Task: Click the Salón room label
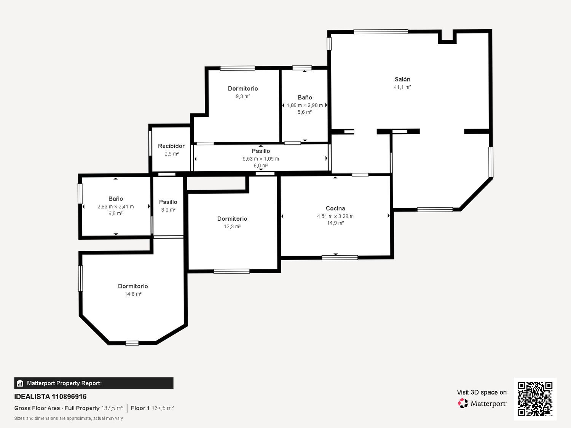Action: pos(402,79)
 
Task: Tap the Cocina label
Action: pos(335,208)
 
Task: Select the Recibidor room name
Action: pos(171,146)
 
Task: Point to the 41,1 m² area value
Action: pos(402,87)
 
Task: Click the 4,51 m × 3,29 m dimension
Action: pos(335,216)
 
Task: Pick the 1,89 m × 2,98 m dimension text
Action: pos(305,105)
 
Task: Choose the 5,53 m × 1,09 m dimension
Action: pos(261,159)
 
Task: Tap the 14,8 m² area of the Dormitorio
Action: pos(133,294)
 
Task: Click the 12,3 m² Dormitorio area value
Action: pos(232,227)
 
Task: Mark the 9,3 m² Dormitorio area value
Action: pos(243,96)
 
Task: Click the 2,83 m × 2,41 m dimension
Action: pos(115,207)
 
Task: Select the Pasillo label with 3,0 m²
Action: pos(168,202)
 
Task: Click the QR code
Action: pos(535,399)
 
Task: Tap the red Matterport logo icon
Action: pos(463,403)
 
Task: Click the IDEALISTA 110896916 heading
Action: pos(50,396)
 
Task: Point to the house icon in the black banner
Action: pos(20,383)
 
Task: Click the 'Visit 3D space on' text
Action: pos(482,392)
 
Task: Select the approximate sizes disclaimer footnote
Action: pos(69,418)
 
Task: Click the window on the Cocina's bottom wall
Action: pos(340,258)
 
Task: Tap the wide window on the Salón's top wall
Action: pos(381,32)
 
